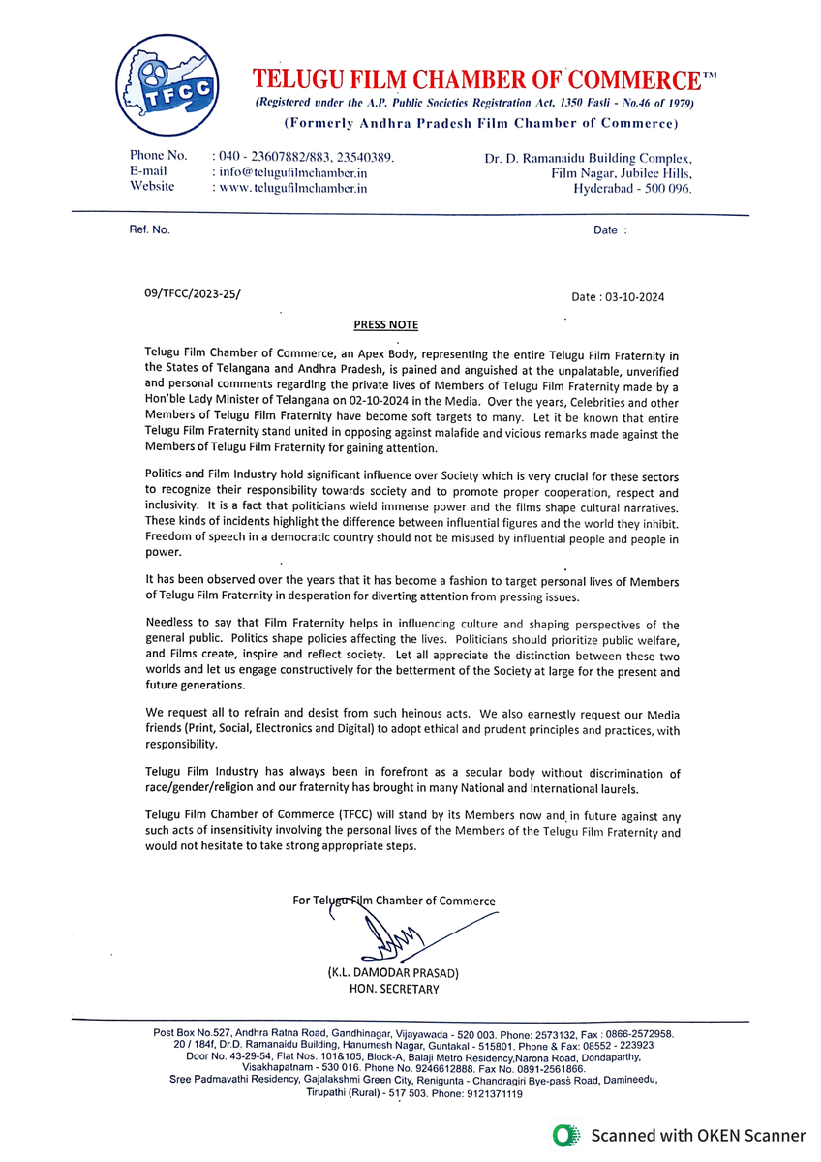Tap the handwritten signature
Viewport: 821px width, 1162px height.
(387, 935)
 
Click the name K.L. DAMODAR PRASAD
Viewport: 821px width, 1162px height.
(393, 972)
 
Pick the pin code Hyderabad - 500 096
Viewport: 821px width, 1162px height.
(633, 188)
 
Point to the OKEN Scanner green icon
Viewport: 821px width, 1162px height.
(565, 1135)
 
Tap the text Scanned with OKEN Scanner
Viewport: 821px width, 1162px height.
(698, 1135)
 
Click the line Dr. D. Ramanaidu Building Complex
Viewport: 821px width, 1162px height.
(588, 157)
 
